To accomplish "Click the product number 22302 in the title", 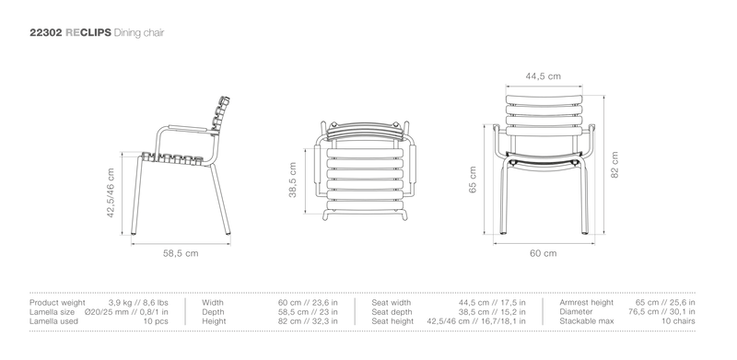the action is pyautogui.click(x=46, y=32).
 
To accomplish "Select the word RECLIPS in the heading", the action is pyautogui.click(x=88, y=32).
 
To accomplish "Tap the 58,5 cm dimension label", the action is pyautogui.click(x=181, y=253).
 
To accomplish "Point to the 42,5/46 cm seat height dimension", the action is pyautogui.click(x=111, y=192).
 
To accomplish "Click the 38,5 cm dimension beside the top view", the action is pyautogui.click(x=292, y=180).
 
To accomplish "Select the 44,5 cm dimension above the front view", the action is pyautogui.click(x=543, y=76).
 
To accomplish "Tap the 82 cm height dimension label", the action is pyautogui.click(x=614, y=165).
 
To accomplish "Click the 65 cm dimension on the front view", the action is pyautogui.click(x=473, y=180).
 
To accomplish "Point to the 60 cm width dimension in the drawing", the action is pyautogui.click(x=544, y=253).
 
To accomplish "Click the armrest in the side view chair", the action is pyautogui.click(x=188, y=128).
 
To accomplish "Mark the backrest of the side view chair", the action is pyautogui.click(x=220, y=116).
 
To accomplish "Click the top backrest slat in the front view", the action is pyautogui.click(x=544, y=99).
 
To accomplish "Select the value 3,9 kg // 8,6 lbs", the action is pyautogui.click(x=138, y=303).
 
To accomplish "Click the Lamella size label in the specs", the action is pyautogui.click(x=52, y=312).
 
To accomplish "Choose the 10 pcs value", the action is pyautogui.click(x=156, y=321).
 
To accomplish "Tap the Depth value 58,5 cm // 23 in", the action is pyautogui.click(x=308, y=312).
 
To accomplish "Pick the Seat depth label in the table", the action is pyautogui.click(x=392, y=312).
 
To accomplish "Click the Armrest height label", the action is pyautogui.click(x=587, y=303).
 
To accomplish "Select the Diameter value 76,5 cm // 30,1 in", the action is pyautogui.click(x=661, y=312).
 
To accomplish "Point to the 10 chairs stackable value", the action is pyautogui.click(x=679, y=321).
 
